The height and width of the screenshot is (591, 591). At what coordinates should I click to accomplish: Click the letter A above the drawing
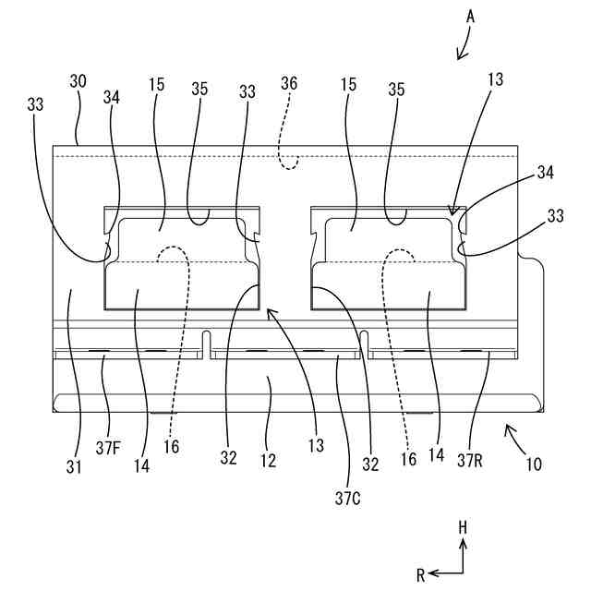pos(470,16)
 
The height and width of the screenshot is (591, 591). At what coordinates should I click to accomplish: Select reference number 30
pos(78,81)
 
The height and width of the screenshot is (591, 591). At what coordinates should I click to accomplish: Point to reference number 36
pos(289,82)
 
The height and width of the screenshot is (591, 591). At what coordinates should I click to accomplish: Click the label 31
pos(74,466)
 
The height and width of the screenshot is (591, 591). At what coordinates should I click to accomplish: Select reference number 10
pos(533,465)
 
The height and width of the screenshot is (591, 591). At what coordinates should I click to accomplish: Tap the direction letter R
pos(420,574)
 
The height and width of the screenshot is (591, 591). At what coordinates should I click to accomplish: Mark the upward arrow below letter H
pos(464,554)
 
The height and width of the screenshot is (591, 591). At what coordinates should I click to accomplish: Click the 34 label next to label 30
pos(112,95)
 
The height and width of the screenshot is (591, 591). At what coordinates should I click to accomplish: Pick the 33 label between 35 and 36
pos(247,92)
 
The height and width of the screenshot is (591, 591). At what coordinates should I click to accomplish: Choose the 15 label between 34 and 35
pos(155,83)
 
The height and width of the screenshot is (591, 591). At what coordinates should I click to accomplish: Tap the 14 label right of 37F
pos(140,466)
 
